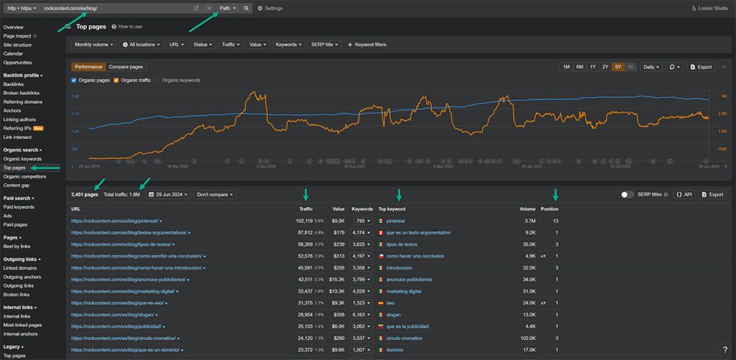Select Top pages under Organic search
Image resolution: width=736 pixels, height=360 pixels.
14,168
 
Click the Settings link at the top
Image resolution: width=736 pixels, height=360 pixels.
269,8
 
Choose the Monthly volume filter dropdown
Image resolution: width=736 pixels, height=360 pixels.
95,45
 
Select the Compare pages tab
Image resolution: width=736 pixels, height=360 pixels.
126,67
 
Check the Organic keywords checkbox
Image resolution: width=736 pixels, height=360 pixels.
158,80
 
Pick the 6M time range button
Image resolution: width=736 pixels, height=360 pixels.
580,67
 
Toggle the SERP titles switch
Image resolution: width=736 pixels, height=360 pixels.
628,194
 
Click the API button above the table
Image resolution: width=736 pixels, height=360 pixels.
684,194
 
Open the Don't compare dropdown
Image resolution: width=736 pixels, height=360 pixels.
213,194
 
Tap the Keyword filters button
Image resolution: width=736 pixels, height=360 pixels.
366,45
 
